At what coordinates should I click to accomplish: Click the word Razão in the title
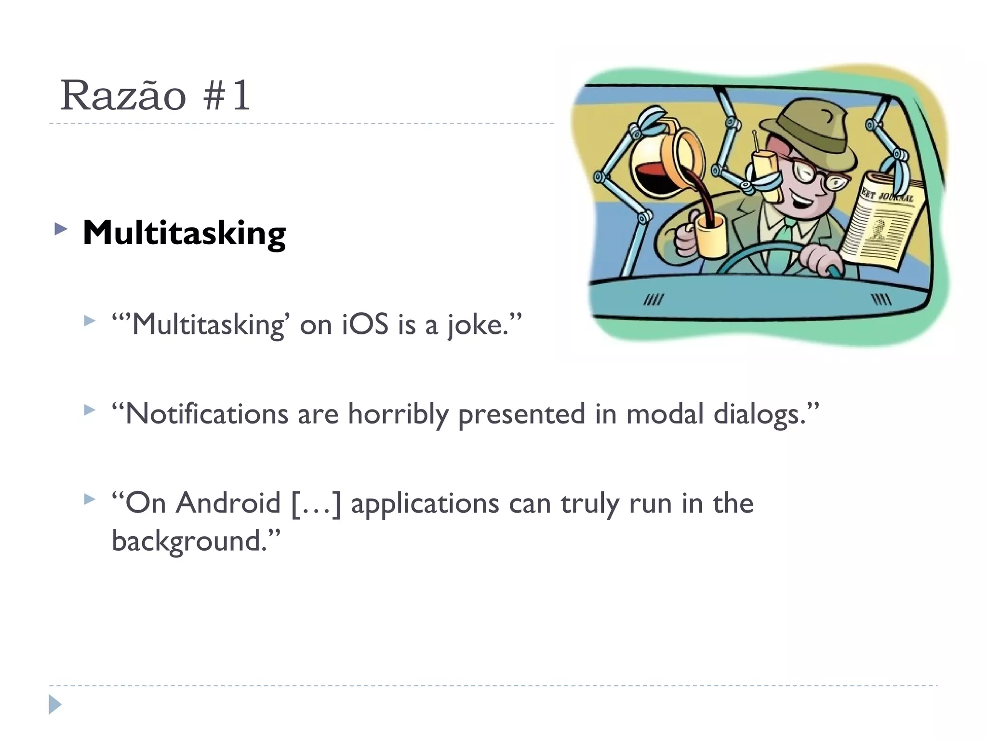[123, 95]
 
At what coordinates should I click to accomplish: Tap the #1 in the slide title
[227, 95]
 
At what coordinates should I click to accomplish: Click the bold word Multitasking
[184, 234]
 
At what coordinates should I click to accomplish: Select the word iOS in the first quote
[365, 324]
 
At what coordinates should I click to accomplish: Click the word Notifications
[206, 414]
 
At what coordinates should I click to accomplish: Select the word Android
[227, 503]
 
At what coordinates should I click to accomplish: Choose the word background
[189, 541]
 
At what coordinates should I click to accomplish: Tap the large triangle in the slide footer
[55, 705]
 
